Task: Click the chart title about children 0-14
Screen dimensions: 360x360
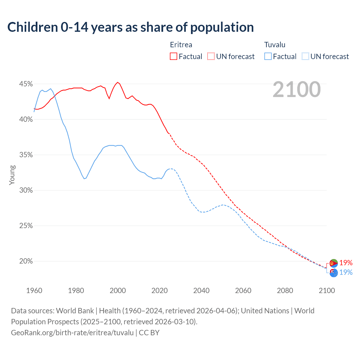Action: [x=130, y=27]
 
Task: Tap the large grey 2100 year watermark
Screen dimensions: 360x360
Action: [x=296, y=89]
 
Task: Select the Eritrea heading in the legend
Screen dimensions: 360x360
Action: [x=181, y=45]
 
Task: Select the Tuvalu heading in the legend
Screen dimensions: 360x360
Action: [x=274, y=45]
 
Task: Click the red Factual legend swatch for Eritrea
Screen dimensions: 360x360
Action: [x=174, y=57]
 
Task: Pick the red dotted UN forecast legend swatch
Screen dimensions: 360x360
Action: [x=211, y=57]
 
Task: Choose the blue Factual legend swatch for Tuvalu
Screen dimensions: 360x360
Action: [x=268, y=57]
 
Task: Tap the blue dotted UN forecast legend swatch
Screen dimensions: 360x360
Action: [x=305, y=57]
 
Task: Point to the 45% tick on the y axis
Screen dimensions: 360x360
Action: [x=26, y=84]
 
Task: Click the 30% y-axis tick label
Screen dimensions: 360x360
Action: [x=26, y=190]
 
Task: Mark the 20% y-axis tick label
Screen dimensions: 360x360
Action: [x=26, y=261]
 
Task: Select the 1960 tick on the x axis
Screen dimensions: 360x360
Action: [x=34, y=291]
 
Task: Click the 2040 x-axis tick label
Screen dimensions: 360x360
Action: [x=201, y=291]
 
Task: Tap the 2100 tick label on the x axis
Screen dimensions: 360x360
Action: [x=327, y=291]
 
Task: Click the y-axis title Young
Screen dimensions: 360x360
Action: [x=12, y=175]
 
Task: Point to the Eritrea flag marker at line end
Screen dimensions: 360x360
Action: [x=334, y=263]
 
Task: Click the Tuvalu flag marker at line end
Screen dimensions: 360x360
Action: [x=334, y=273]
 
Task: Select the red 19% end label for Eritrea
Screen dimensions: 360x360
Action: [x=346, y=263]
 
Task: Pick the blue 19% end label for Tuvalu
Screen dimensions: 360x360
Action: [x=346, y=272]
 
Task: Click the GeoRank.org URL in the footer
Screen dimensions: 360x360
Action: [x=72, y=333]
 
